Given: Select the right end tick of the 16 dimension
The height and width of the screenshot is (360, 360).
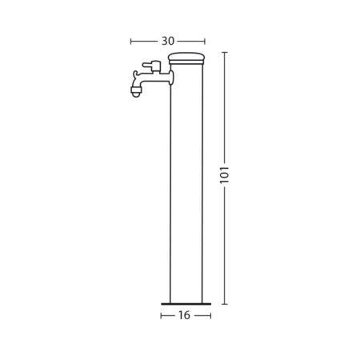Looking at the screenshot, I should [x=209, y=316].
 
